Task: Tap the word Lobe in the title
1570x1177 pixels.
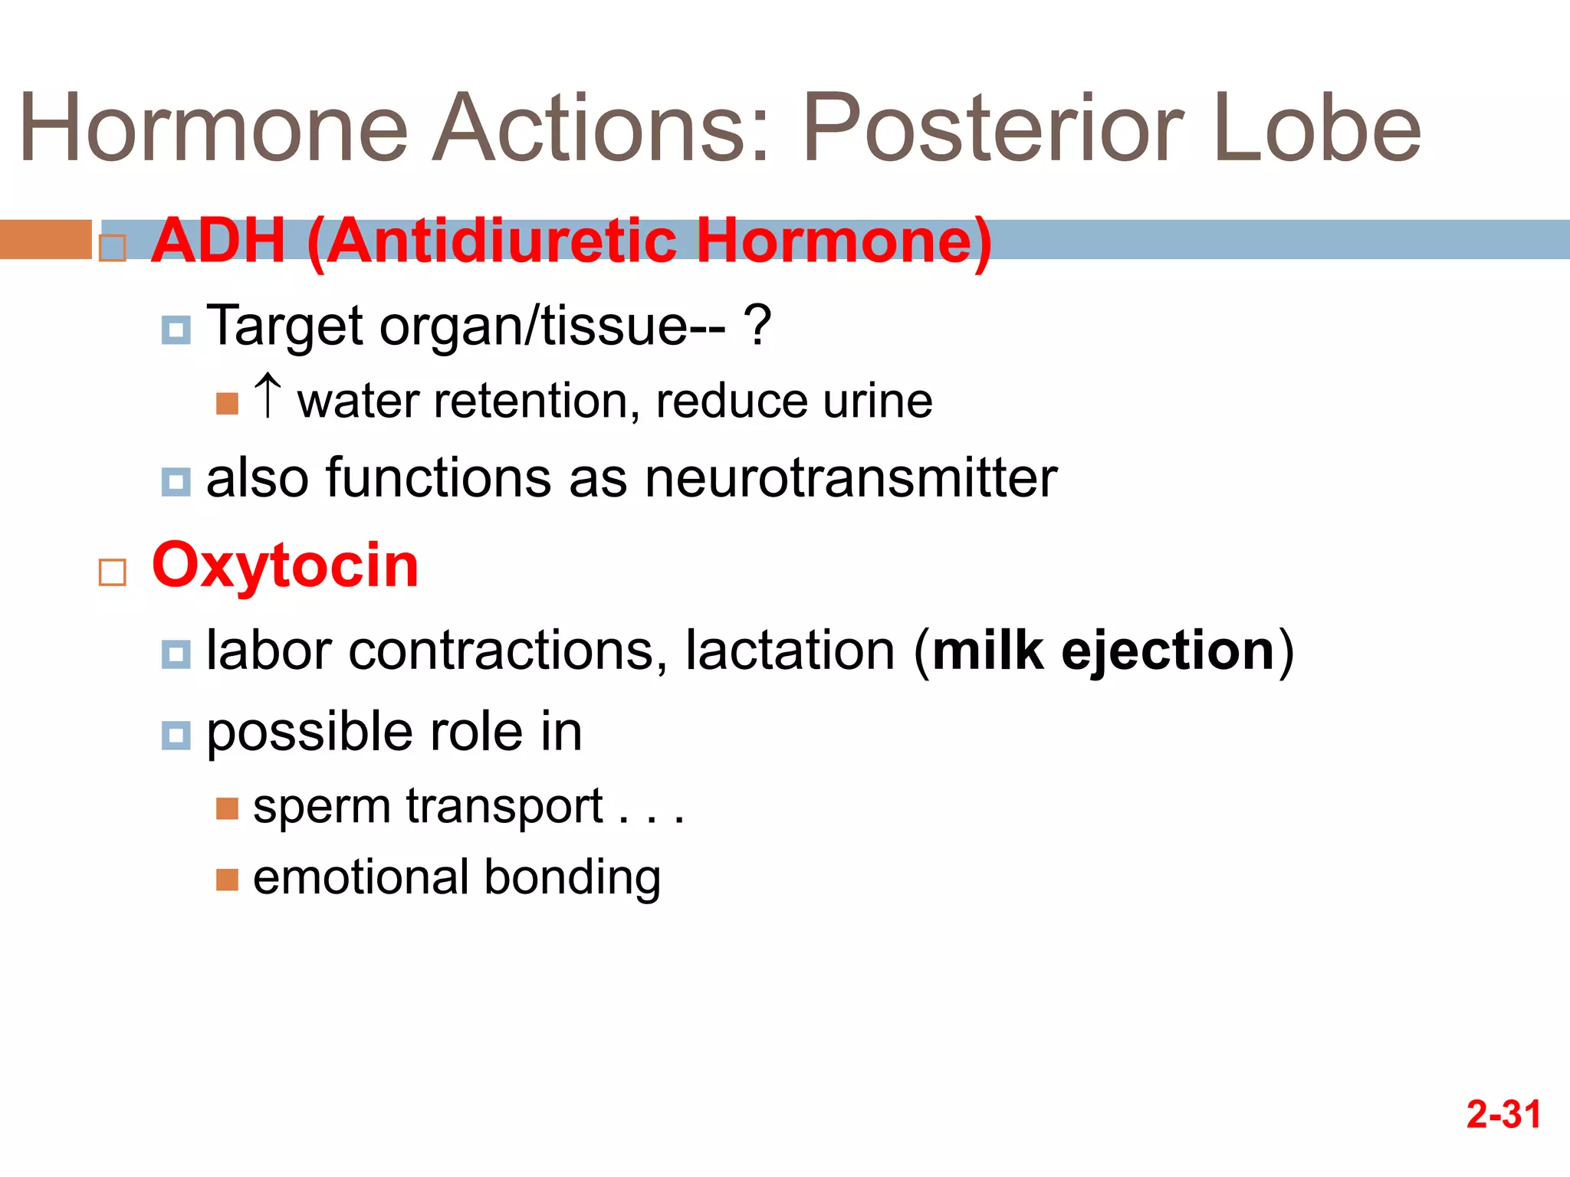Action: point(1317,129)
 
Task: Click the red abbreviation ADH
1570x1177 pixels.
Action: point(218,241)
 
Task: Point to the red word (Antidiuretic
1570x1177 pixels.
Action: point(491,241)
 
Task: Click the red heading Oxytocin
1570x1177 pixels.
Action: point(285,566)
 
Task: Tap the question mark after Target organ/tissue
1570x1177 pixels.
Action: point(757,326)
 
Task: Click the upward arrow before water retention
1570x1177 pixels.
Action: point(268,395)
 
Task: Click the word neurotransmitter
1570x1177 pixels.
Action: point(851,478)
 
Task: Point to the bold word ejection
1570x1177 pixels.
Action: point(1168,651)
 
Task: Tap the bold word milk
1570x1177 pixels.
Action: point(988,651)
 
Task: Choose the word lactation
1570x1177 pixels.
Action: point(790,651)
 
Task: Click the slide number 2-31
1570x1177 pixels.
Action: point(1503,1114)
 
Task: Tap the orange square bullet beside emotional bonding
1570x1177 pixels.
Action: point(228,880)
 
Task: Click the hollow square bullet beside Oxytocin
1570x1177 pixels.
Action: point(113,572)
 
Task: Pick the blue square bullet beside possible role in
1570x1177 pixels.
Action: point(176,736)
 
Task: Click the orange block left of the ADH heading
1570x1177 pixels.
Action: point(46,239)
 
